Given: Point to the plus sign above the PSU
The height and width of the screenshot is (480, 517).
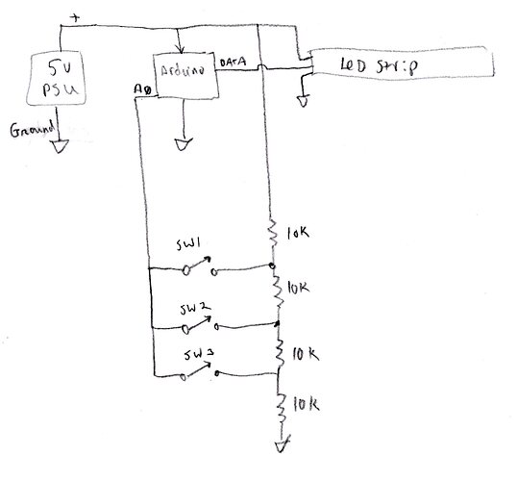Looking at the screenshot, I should coord(75,16).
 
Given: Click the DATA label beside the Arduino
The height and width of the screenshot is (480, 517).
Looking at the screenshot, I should coord(234,62).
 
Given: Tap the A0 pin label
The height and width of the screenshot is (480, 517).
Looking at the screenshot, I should coord(142,88).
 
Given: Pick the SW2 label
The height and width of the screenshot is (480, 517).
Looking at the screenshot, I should coord(193,309).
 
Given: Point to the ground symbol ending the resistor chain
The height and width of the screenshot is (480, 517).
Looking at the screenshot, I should coord(279,445).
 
